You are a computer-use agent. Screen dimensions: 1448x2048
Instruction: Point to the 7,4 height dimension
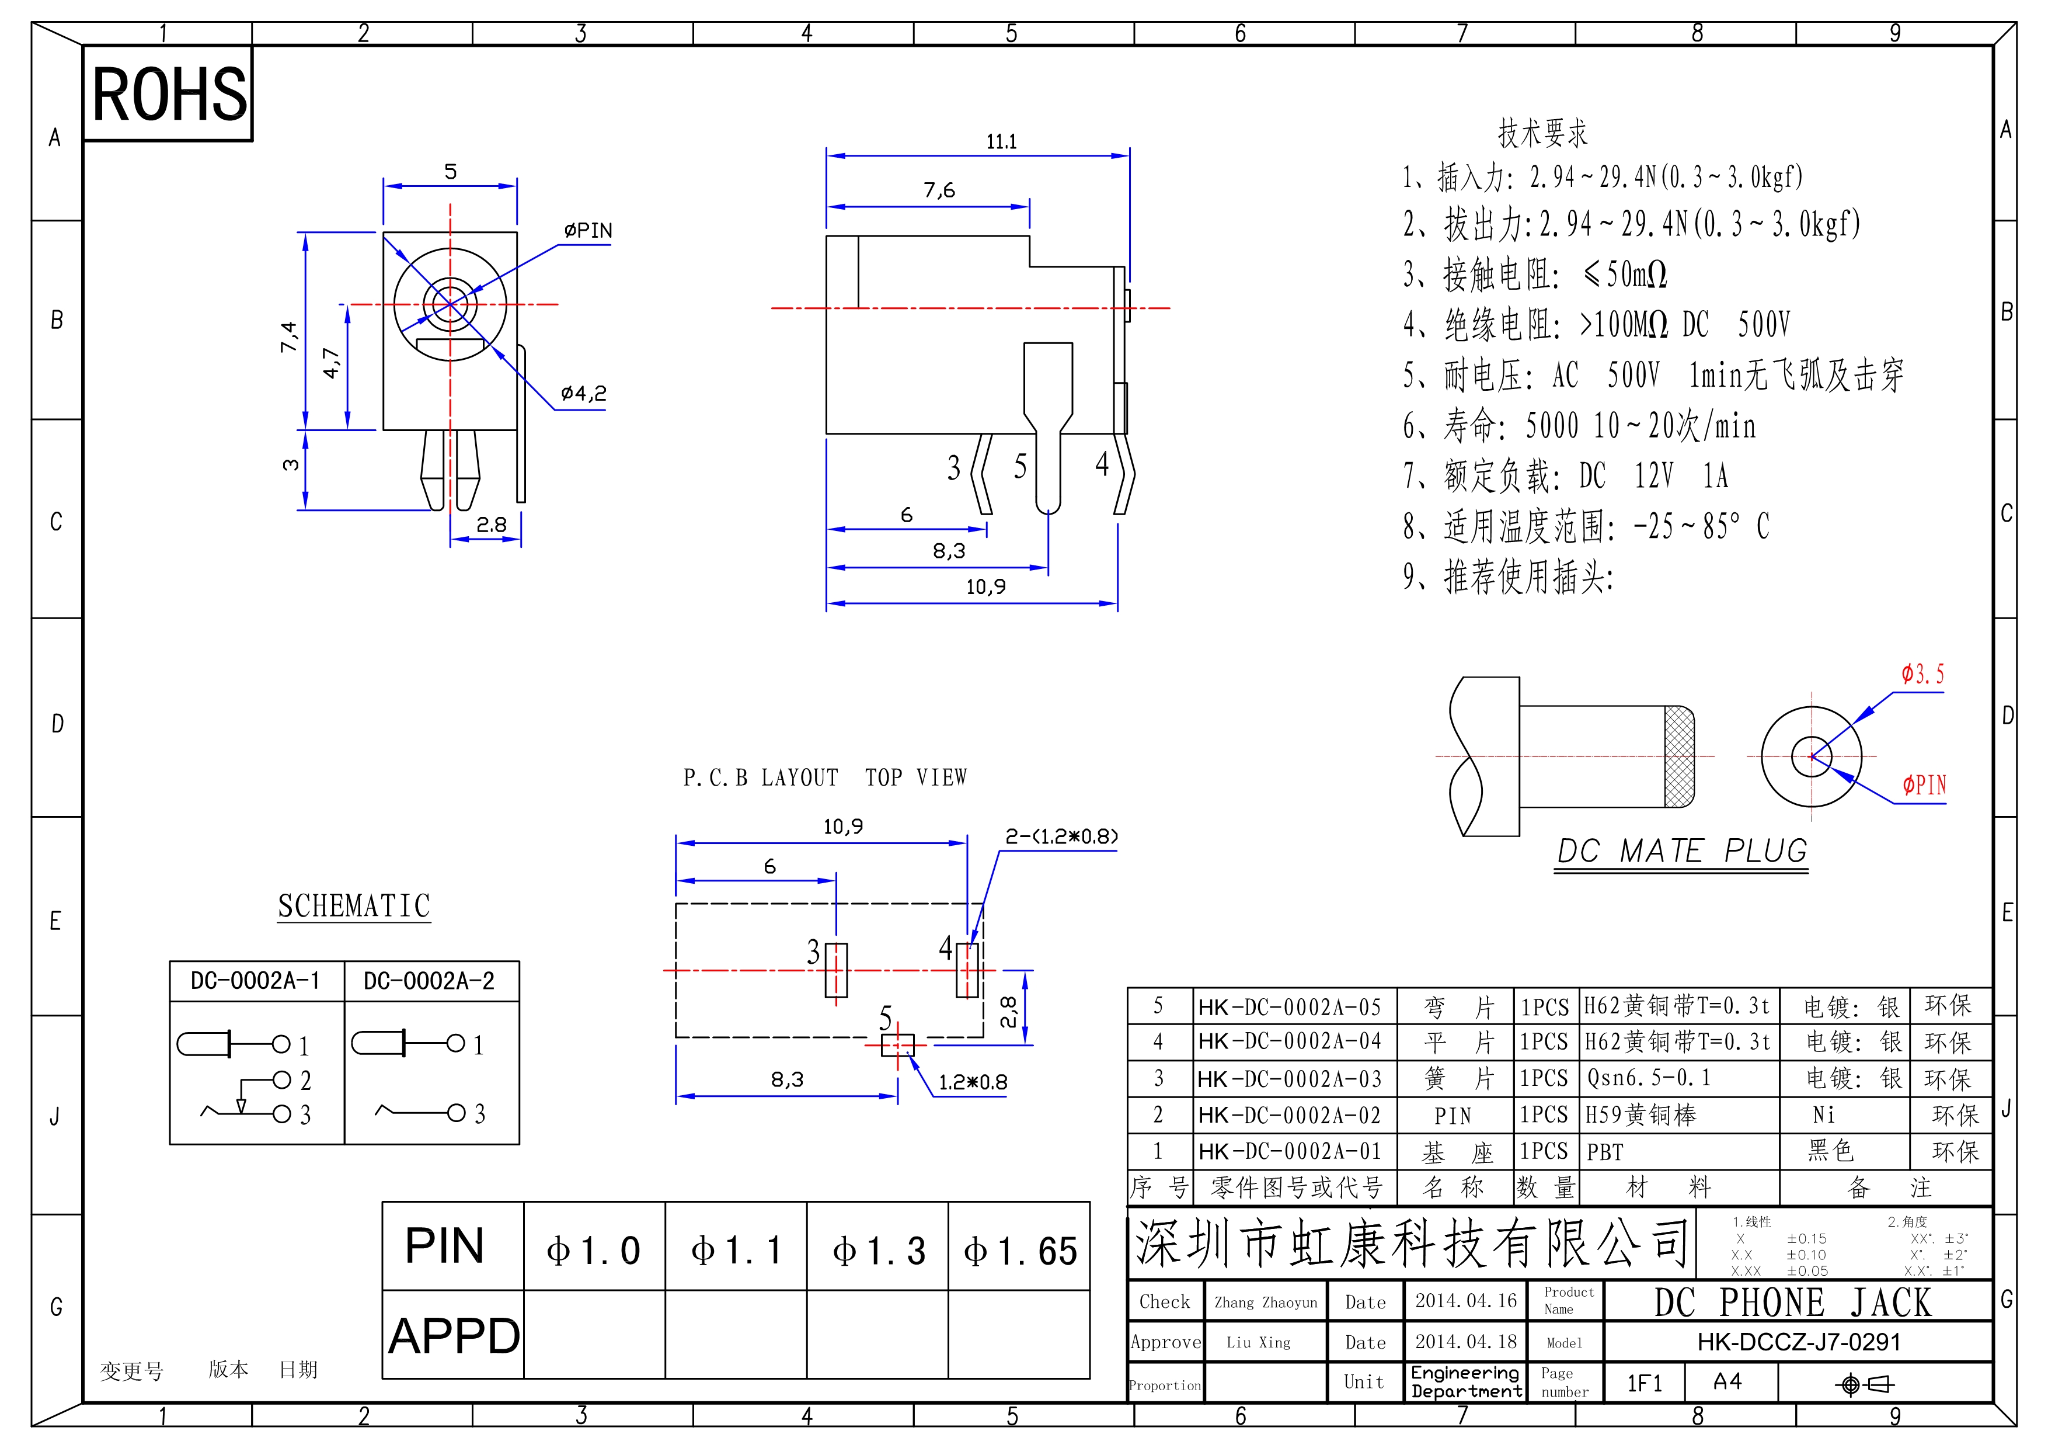click(288, 336)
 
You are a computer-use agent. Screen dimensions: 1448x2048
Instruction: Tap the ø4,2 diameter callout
click(583, 394)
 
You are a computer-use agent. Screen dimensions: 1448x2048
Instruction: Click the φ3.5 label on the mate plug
click(1922, 675)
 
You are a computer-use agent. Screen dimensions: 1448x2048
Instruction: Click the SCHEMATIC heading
click(354, 907)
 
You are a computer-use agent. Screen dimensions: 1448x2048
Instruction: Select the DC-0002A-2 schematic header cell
click(429, 981)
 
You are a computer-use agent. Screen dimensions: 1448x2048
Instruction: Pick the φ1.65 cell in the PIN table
click(1019, 1251)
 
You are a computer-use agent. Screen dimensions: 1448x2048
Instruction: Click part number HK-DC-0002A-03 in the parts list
click(1289, 1079)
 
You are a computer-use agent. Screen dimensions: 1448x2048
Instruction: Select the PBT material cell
click(1605, 1152)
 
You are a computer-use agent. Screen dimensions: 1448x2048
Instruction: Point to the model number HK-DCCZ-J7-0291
click(1798, 1342)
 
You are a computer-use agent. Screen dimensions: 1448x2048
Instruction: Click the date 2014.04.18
click(1465, 1342)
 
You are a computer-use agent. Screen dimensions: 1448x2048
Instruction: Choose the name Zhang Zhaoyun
click(1265, 1303)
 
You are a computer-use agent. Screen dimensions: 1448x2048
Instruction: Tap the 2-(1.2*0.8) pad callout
click(1061, 837)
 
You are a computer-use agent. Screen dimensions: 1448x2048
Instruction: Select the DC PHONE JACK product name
click(1793, 1303)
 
